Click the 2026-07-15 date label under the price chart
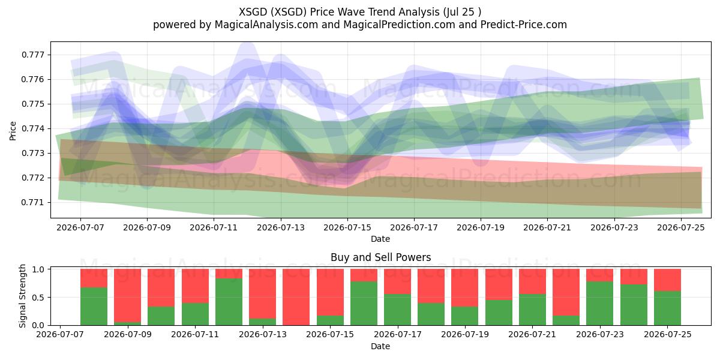[x=347, y=227]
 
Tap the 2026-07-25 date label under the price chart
[x=681, y=227]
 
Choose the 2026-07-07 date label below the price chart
[x=80, y=227]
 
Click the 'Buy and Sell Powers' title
[x=380, y=257]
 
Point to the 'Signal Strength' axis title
[x=22, y=296]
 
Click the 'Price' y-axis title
[x=13, y=131]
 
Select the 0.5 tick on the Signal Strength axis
[x=38, y=298]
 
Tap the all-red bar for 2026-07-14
[x=296, y=297]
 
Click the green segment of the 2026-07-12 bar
[x=229, y=302]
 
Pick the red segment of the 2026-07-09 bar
[x=128, y=295]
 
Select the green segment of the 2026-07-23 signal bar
[x=600, y=304]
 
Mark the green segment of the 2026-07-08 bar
[x=94, y=307]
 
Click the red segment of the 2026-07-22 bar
[x=566, y=292]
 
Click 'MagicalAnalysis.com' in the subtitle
[x=266, y=25]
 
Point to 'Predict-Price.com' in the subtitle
[x=524, y=25]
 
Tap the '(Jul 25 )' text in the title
[x=462, y=12]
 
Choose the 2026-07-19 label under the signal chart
[x=465, y=334]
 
